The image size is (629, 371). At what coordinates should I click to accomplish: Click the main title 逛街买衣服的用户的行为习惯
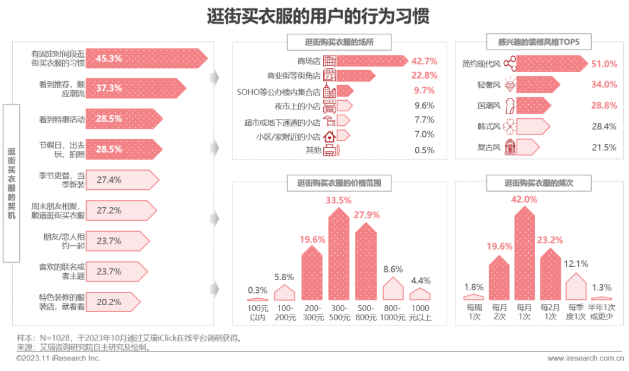[318, 16]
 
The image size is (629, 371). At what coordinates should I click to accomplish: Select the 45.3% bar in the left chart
[146, 58]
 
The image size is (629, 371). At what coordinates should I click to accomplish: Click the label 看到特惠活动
[62, 119]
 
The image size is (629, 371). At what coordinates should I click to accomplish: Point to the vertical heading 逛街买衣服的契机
[12, 183]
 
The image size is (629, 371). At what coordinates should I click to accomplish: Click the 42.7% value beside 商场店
[423, 61]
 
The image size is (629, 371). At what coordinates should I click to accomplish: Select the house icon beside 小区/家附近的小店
[330, 136]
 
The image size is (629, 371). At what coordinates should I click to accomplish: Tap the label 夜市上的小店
[298, 106]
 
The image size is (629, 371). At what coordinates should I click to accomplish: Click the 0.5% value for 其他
[424, 150]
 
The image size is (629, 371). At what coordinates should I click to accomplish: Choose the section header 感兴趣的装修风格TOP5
[536, 42]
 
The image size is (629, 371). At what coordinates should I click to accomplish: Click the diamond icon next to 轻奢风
[510, 85]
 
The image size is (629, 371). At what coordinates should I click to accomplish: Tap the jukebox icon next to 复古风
[510, 147]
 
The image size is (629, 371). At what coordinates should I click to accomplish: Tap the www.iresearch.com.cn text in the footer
[581, 358]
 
